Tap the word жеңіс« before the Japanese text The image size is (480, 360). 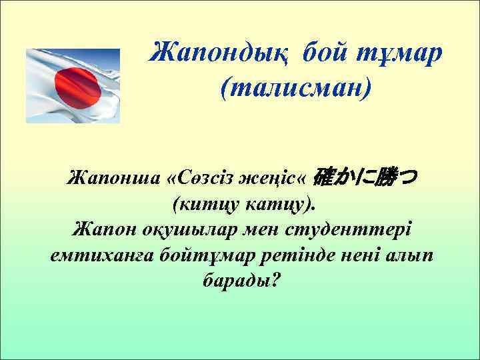pos(276,178)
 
